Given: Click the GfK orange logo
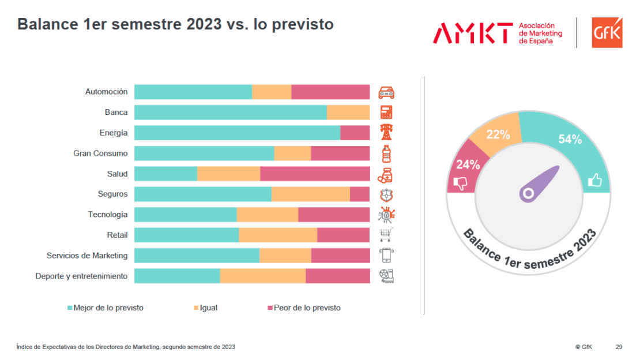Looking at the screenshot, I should (607, 32).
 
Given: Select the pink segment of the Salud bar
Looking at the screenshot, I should (315, 174).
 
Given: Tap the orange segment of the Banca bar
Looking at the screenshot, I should (348, 112).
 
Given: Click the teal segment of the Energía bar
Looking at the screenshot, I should (237, 133).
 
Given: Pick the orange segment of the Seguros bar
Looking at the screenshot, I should (311, 194).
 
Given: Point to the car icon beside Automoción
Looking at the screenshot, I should (386, 92).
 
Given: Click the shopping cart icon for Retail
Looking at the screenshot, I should (386, 235).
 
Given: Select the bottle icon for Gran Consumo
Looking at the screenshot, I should (386, 153).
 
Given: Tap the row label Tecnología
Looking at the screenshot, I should (108, 215).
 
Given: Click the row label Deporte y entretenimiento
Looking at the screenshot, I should (81, 276).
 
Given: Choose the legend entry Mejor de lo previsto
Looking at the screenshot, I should (106, 308).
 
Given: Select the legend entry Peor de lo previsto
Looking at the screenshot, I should (304, 308).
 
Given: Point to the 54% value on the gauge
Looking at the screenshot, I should (570, 139).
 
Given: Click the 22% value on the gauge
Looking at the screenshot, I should (498, 135).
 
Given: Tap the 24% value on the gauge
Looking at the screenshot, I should (468, 164).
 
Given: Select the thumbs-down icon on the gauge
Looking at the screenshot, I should (460, 183).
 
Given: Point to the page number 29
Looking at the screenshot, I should (619, 347).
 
